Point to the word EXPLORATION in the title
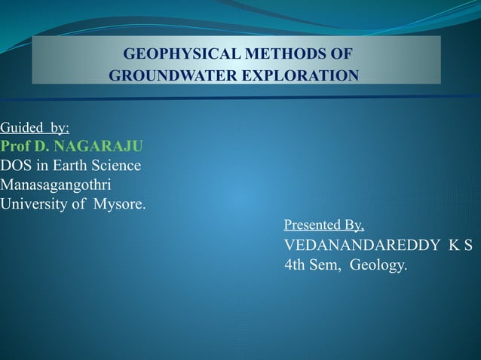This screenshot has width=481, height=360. [x=298, y=76]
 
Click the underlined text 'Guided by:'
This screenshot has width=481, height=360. [x=35, y=128]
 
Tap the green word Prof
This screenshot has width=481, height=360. [x=15, y=146]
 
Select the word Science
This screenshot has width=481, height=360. [x=115, y=165]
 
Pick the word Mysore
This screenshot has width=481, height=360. [x=120, y=203]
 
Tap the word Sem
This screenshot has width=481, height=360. [x=329, y=266]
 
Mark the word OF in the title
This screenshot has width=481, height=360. [x=340, y=55]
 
